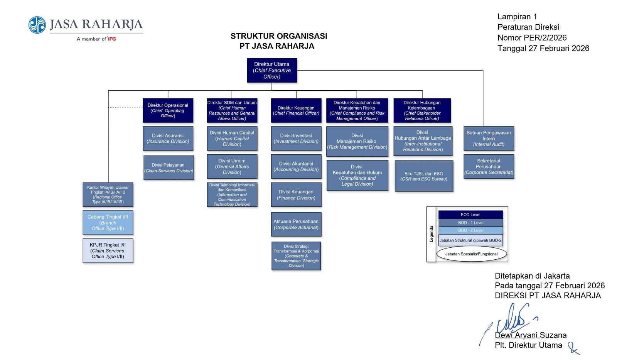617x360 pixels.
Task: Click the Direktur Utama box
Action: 272,70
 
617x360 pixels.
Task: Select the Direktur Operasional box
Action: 168,110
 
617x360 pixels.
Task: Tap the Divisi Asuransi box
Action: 168,139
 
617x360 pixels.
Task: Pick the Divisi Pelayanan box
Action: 169,168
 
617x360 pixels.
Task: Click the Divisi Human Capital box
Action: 232,139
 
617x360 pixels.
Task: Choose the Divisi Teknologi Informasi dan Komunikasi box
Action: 232,194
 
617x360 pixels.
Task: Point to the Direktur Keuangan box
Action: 297,110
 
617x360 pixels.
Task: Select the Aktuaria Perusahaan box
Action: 297,224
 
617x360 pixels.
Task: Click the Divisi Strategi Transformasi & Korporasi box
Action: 297,256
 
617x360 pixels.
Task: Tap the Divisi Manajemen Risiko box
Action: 357,141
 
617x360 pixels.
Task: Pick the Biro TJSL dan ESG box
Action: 424,176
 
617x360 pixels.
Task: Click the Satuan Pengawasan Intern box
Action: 489,139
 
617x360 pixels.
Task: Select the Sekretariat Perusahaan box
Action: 489,166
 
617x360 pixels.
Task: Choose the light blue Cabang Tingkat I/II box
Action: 108,223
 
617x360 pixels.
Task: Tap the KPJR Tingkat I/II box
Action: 108,251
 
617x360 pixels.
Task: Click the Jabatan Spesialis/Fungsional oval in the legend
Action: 472,254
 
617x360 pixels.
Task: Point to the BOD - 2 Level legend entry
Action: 471,230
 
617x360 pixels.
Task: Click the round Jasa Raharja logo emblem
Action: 37,25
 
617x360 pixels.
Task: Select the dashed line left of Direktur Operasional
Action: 125,108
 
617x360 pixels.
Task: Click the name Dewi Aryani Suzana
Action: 531,335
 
